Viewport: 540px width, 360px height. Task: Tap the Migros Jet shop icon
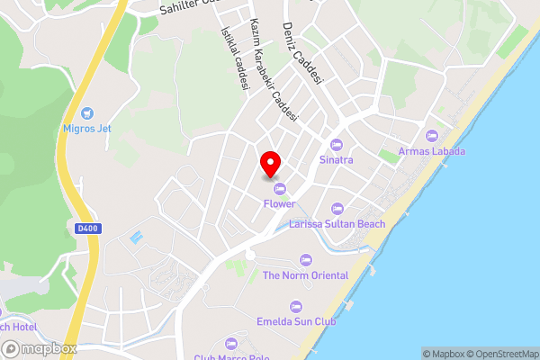click(87, 113)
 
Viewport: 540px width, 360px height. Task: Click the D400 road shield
click(88, 229)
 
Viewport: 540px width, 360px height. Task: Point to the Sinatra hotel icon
click(337, 144)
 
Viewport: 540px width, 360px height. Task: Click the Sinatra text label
click(337, 160)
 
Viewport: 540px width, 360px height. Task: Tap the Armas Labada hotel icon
click(432, 135)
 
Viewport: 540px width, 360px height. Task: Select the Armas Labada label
click(432, 151)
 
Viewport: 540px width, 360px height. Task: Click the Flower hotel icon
click(279, 188)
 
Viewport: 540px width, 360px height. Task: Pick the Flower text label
click(279, 204)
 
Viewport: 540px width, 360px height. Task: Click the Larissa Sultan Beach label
click(337, 224)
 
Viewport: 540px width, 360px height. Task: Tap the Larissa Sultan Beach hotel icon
click(337, 208)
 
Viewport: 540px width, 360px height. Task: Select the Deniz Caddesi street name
click(302, 54)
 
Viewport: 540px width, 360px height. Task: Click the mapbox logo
click(39, 349)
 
